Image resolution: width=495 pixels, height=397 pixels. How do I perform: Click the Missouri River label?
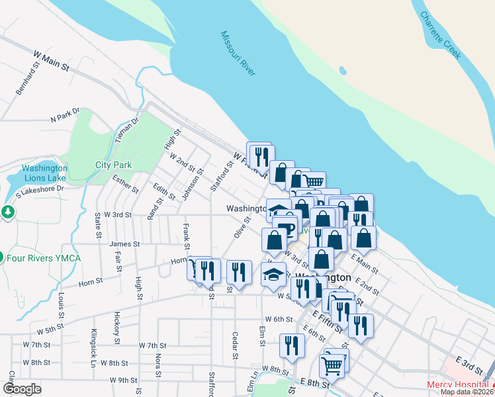(238, 54)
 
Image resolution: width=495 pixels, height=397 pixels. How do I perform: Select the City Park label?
(113, 165)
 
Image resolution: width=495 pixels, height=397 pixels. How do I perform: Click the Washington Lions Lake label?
(44, 173)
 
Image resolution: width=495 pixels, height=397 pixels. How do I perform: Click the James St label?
(124, 244)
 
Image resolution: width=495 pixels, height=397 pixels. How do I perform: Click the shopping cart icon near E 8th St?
(332, 365)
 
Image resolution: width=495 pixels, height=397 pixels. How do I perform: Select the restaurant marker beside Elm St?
(291, 345)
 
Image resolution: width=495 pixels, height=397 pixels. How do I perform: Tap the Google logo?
(21, 389)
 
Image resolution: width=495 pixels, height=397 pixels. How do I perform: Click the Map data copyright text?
(467, 392)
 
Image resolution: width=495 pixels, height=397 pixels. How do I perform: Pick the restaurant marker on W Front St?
(259, 155)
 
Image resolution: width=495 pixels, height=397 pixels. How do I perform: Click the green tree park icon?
(7, 212)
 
